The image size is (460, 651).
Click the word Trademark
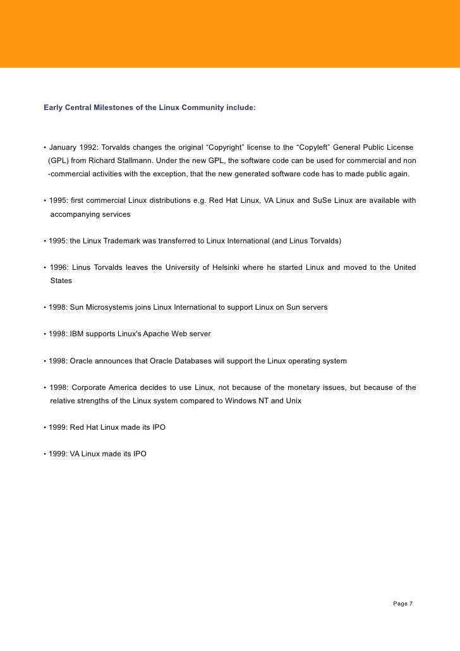click(130, 241)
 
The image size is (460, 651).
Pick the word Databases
click(194, 361)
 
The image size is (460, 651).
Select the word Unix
click(293, 401)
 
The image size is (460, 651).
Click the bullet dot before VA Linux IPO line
click(44, 454)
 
